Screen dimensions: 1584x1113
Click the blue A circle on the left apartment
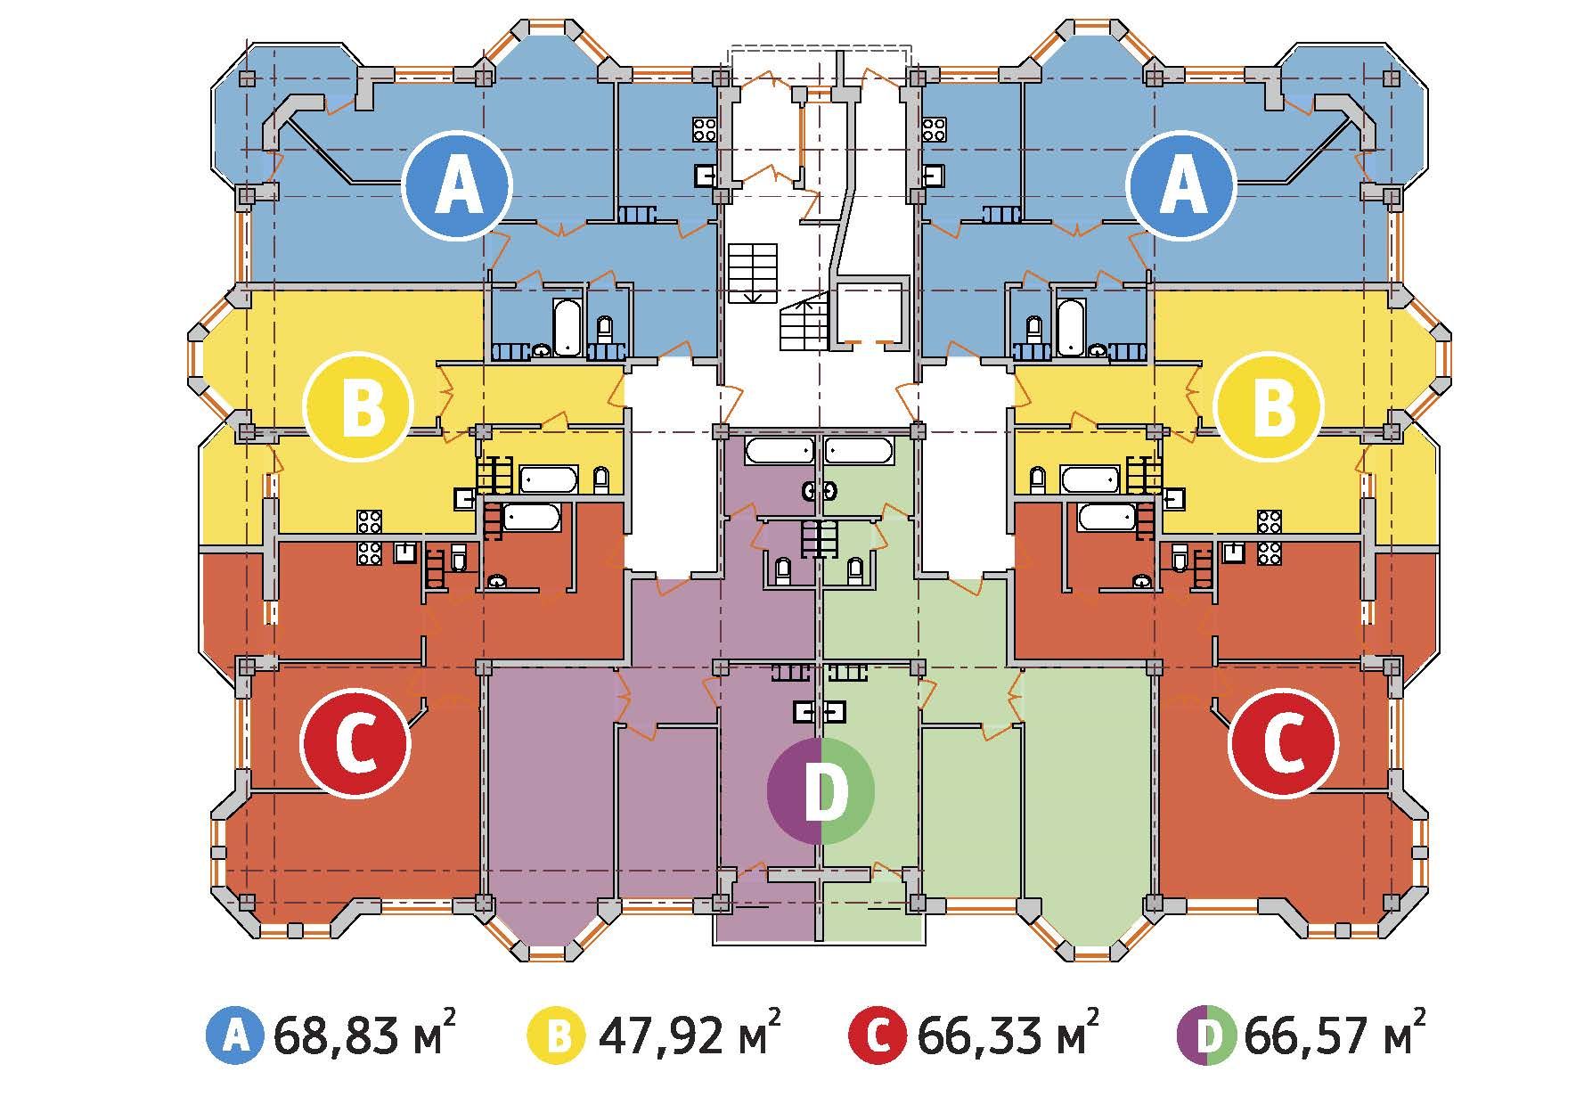(457, 185)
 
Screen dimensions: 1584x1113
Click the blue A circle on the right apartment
(1181, 185)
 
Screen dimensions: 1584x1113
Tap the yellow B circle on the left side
(358, 407)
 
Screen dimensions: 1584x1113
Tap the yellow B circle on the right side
(1269, 407)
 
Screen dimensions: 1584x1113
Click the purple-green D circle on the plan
(821, 790)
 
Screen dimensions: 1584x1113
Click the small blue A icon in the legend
(235, 1036)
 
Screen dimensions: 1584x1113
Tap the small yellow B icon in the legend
(558, 1036)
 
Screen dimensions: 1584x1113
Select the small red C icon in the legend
(879, 1036)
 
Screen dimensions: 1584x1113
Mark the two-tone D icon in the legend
(1207, 1036)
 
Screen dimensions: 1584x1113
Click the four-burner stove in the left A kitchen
(706, 130)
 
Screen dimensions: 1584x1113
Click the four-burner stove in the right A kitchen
(935, 130)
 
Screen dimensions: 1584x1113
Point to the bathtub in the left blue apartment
(567, 327)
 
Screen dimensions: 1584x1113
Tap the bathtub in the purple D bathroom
(780, 450)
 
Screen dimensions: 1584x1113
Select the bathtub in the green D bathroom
(859, 450)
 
